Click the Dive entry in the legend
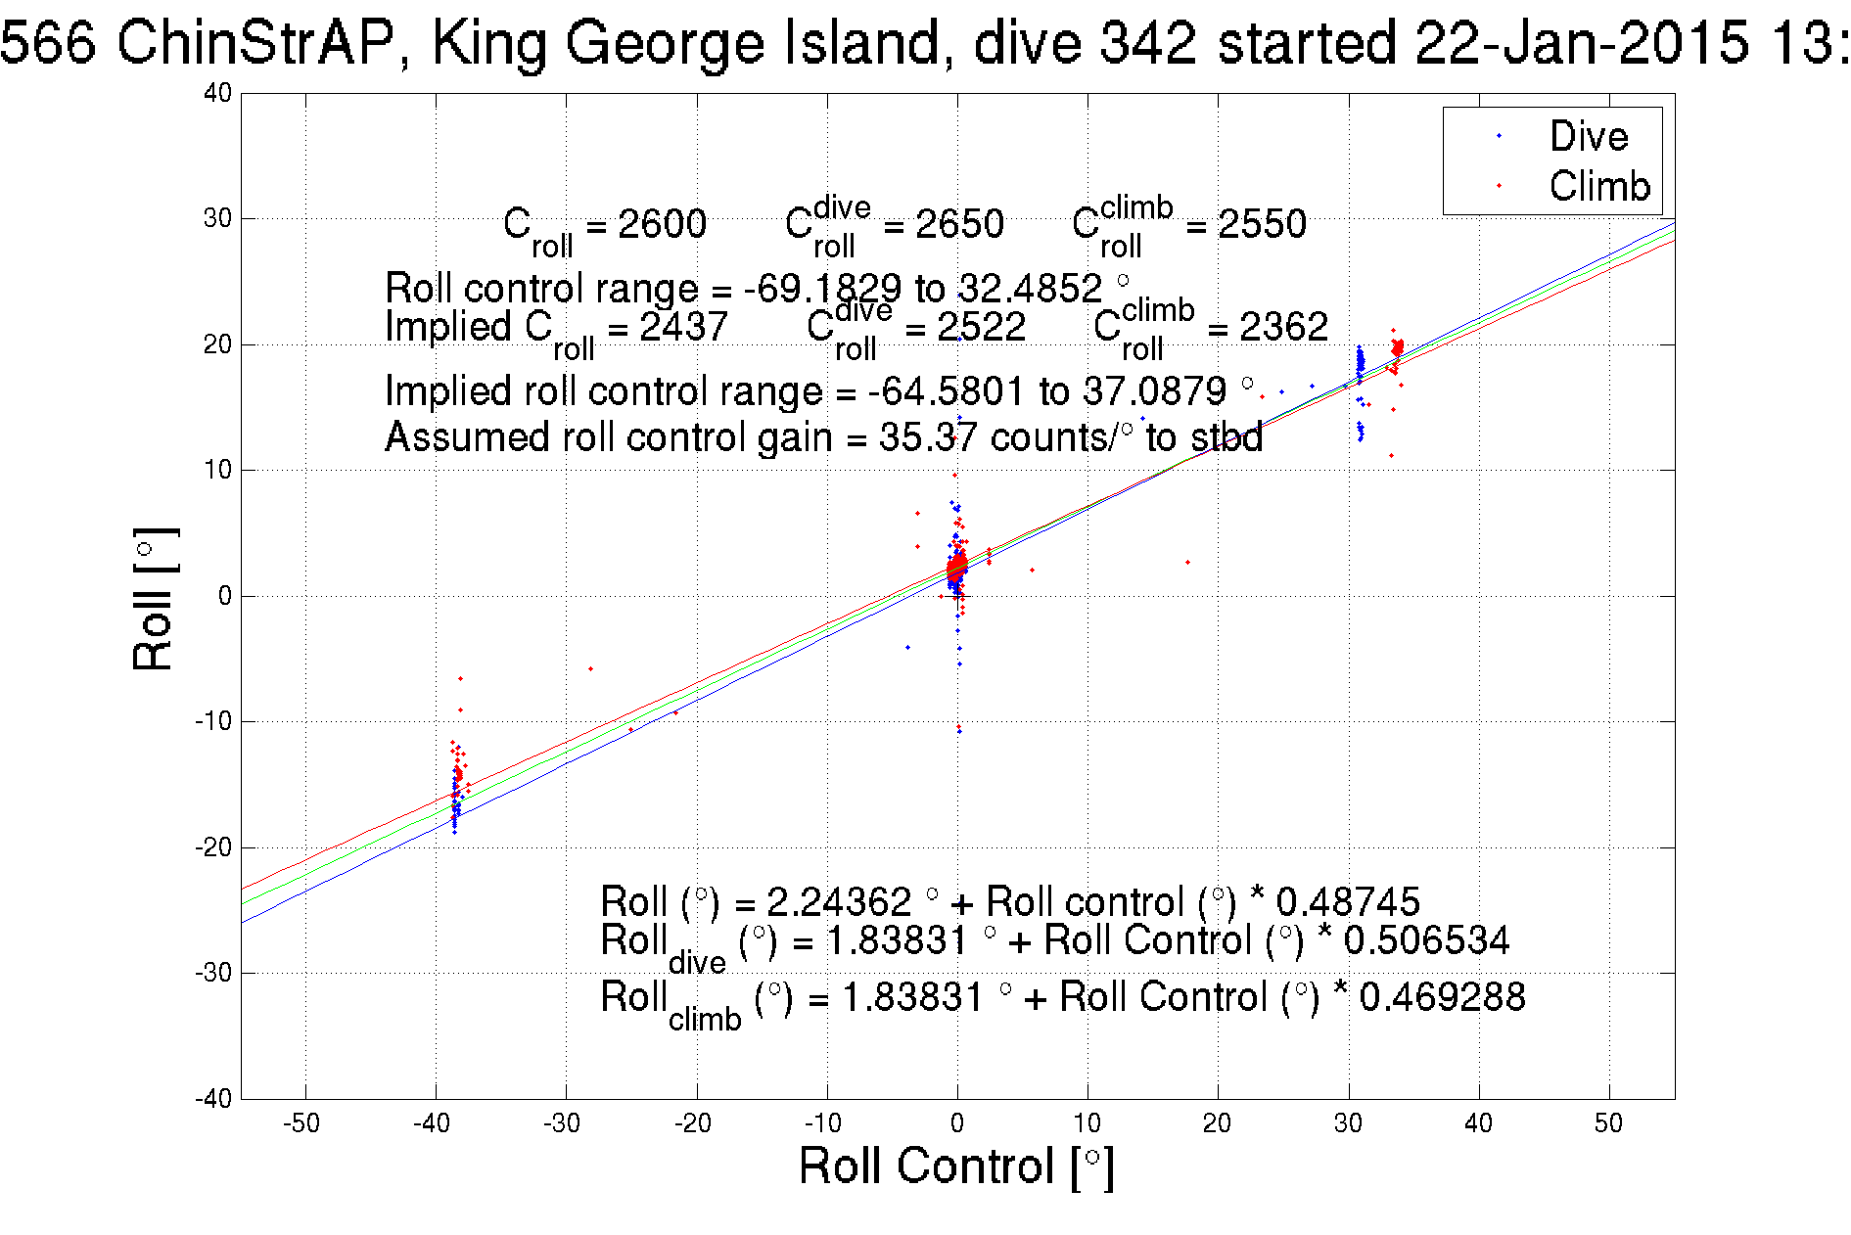click(1588, 136)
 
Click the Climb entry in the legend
click(1598, 186)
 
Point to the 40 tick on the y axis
click(217, 93)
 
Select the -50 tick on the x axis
click(301, 1123)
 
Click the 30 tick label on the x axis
click(1348, 1123)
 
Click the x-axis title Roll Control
click(955, 1166)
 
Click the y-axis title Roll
click(154, 599)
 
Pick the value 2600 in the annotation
click(662, 224)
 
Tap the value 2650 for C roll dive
click(959, 224)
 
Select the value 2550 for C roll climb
click(1262, 224)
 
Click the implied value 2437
click(683, 327)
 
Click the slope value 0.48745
click(1348, 901)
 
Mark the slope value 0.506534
click(1426, 940)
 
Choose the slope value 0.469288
click(1442, 997)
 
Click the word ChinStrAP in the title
click(255, 43)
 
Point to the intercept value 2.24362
click(839, 901)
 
